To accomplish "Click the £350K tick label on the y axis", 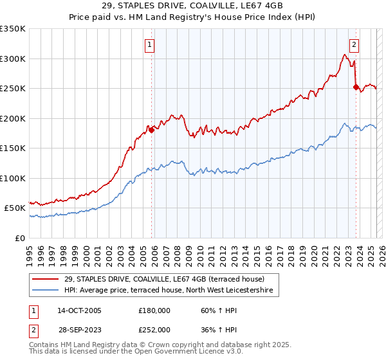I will coord(13,29).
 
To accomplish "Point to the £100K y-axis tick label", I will coord(13,178).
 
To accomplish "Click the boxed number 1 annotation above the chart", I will coord(149,45).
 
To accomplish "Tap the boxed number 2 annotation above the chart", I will coord(354,45).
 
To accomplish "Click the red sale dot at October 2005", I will coord(152,130).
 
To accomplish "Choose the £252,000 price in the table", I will coord(154,329).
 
